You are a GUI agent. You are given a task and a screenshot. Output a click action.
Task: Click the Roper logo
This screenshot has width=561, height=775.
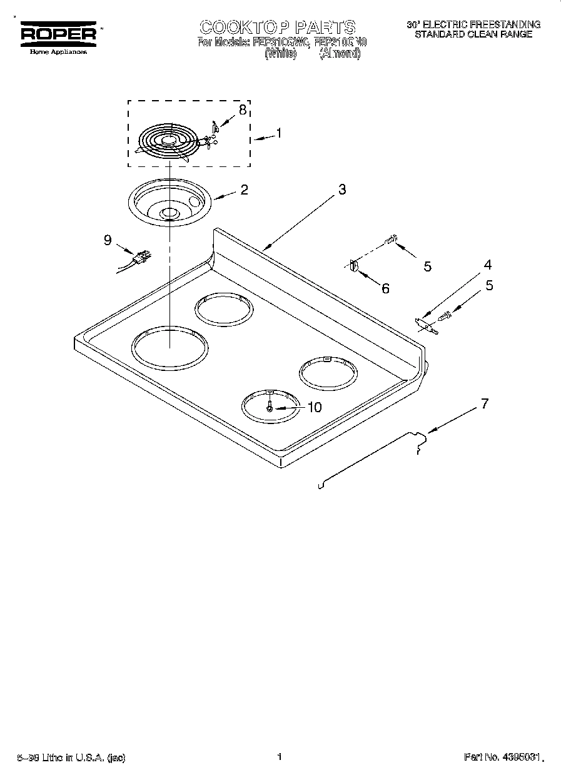click(59, 33)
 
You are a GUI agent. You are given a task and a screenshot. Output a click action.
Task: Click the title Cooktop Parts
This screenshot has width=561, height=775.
click(277, 27)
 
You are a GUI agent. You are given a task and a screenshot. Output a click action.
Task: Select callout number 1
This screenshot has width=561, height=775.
click(278, 133)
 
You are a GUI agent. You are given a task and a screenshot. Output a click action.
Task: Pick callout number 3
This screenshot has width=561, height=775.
click(341, 190)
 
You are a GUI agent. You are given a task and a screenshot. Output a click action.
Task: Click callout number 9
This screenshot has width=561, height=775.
click(108, 240)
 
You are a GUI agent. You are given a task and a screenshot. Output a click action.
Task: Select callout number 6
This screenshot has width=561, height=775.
click(385, 288)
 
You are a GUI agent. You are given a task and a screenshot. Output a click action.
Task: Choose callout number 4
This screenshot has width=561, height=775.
click(487, 265)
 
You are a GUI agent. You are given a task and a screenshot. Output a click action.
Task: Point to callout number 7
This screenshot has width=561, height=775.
click(483, 403)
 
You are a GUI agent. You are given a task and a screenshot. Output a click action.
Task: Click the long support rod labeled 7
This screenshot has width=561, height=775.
click(369, 457)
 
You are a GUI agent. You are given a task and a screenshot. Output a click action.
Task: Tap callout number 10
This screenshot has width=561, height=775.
click(314, 407)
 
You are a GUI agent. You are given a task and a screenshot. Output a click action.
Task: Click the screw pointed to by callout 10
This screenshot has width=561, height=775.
click(270, 406)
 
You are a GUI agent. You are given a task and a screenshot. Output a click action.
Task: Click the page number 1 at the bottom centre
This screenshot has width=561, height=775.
click(279, 757)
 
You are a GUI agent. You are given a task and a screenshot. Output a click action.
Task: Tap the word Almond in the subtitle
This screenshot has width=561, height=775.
click(340, 54)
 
